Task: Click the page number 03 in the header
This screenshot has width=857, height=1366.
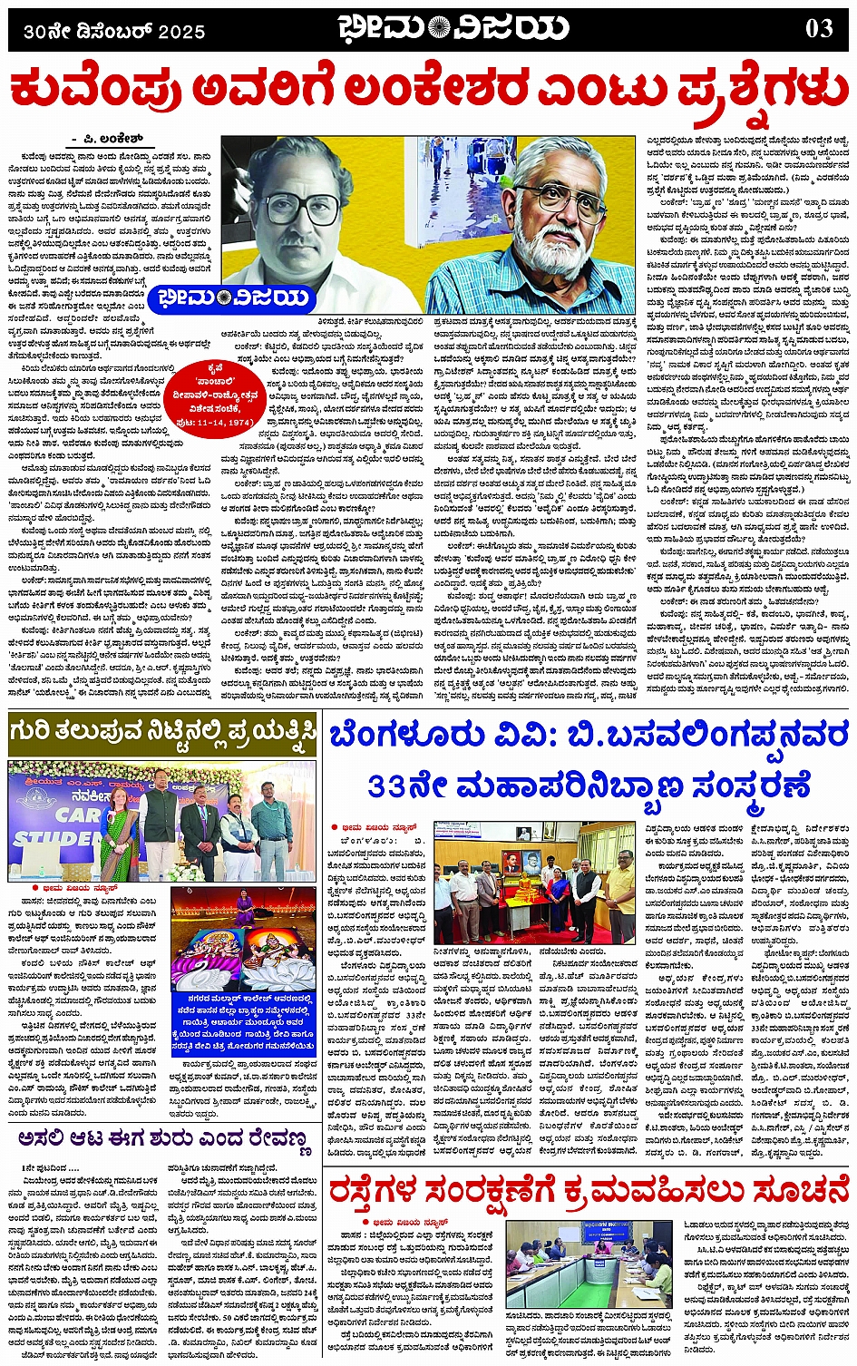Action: pos(819,29)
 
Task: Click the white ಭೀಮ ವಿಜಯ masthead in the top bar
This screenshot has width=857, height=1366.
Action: pos(453,29)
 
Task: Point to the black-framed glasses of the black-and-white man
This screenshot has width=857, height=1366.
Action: pos(300,208)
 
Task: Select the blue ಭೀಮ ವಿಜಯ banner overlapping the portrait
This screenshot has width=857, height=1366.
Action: pos(234,298)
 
